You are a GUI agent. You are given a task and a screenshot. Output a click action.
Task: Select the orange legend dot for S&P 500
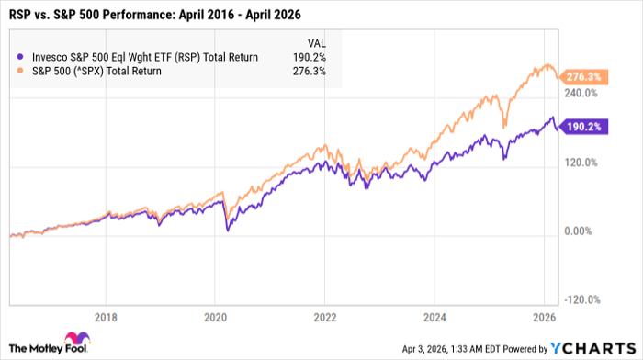click(x=21, y=72)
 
